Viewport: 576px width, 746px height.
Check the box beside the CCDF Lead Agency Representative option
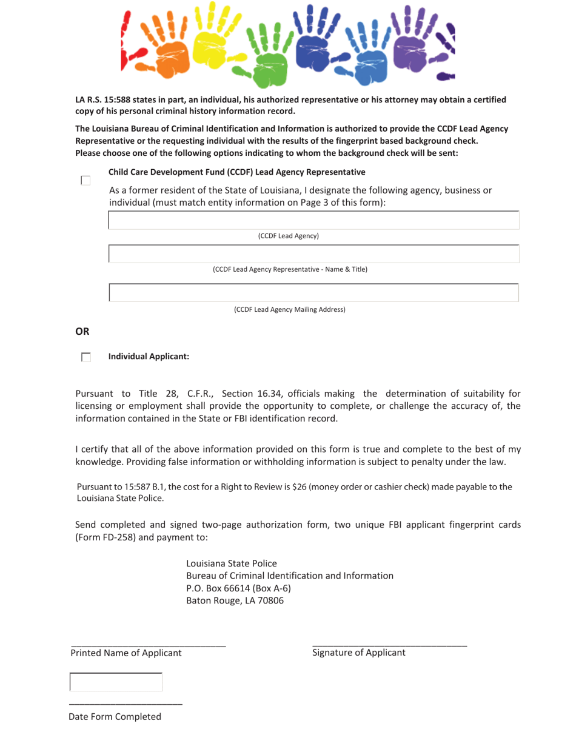point(85,180)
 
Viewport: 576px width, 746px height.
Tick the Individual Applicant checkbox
point(85,357)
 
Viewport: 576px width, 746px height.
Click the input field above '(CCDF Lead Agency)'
point(313,220)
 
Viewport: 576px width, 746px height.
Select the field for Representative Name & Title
point(313,254)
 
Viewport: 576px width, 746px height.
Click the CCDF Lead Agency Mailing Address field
point(313,292)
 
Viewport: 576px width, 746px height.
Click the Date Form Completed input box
point(116,682)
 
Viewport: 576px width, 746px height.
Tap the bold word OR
point(82,331)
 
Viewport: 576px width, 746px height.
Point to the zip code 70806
point(270,601)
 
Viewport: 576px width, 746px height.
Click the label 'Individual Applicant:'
point(149,357)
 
